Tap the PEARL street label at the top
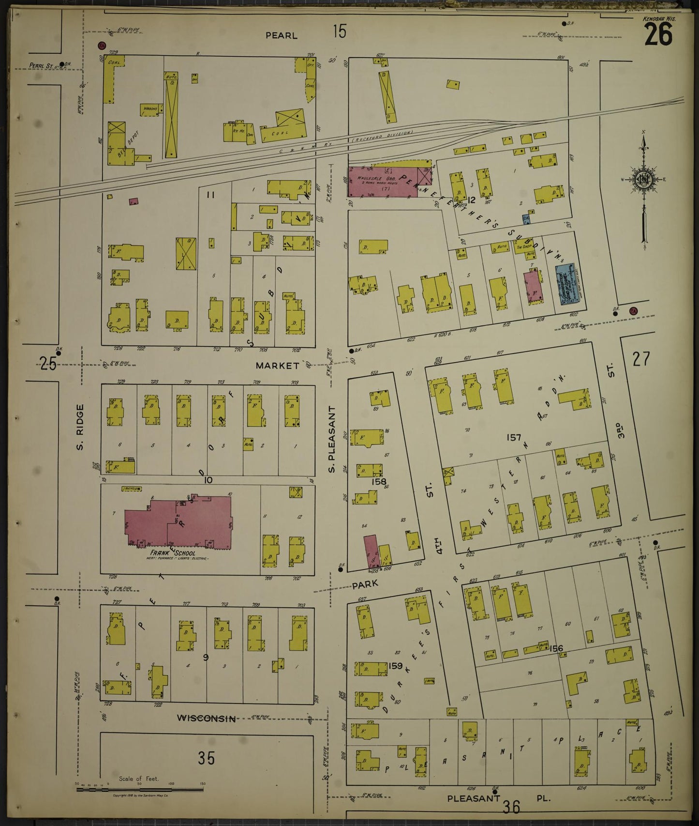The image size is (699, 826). point(282,35)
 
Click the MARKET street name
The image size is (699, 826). point(278,366)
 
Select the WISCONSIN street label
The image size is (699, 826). point(207,718)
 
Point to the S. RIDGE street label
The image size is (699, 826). point(80,426)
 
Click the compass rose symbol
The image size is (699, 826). point(644,179)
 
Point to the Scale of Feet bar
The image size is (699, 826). point(140,790)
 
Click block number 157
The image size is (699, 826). point(513,438)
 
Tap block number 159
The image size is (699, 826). point(395,666)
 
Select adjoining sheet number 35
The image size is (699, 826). point(206,758)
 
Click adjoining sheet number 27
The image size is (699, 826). point(641,359)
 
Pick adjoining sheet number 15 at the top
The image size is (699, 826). point(340,32)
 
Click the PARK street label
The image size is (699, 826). point(365,585)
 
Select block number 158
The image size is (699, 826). point(379,482)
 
